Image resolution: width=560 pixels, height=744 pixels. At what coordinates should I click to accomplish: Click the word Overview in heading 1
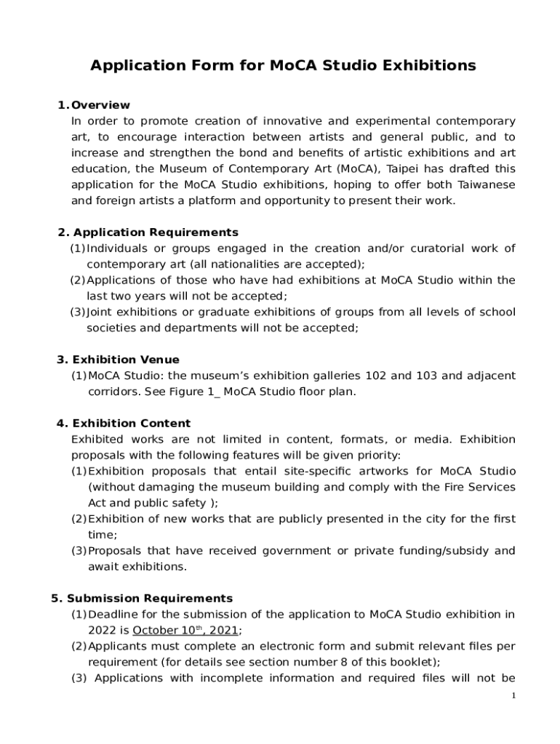(101, 105)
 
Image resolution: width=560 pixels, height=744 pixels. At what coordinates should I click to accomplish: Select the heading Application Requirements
(156, 232)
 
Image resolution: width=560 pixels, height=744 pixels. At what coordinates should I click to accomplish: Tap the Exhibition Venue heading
(126, 360)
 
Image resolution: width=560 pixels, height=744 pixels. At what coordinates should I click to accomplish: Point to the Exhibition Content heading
(132, 424)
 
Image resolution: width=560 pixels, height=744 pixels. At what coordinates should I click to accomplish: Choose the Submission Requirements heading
(150, 599)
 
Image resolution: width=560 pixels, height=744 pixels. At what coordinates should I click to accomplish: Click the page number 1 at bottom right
(513, 697)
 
